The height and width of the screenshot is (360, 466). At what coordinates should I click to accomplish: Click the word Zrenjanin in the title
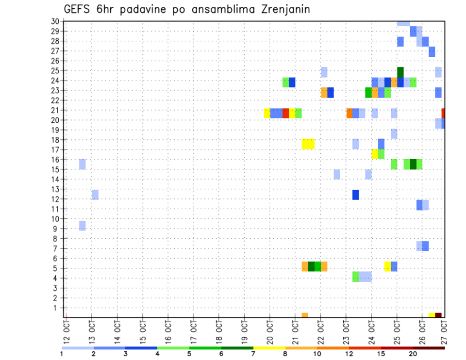point(281,9)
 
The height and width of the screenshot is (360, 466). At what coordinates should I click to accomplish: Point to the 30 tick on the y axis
point(55,21)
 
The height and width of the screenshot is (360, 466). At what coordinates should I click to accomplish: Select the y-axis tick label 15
point(55,169)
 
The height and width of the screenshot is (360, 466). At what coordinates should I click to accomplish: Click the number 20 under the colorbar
point(413,354)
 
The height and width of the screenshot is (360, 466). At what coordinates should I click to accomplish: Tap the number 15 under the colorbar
point(382,354)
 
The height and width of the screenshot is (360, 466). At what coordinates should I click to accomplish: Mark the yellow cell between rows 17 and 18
point(308,144)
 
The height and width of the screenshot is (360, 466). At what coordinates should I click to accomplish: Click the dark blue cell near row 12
point(355,195)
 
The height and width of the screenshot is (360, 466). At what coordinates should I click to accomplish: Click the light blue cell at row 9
point(82,226)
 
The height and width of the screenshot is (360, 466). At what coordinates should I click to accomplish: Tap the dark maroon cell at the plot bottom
point(438,315)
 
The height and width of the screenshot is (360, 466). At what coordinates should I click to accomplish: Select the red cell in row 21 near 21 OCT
point(285,113)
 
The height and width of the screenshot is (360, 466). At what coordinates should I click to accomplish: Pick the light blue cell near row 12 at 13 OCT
point(95,195)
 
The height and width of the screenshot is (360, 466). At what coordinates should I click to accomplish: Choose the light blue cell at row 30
point(403,23)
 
